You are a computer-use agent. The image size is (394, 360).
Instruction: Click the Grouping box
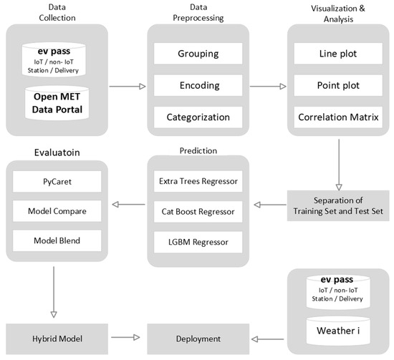(198, 54)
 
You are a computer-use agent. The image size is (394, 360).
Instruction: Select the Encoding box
(198, 85)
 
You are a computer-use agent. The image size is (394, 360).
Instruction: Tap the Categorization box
(198, 117)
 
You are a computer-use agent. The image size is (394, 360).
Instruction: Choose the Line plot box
(338, 54)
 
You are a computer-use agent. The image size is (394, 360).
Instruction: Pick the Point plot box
(338, 85)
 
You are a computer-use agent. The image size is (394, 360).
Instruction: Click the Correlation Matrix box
(338, 117)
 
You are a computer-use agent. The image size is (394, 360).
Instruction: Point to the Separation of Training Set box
(338, 205)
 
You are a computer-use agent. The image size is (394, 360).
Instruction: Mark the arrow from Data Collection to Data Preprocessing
(128, 85)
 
